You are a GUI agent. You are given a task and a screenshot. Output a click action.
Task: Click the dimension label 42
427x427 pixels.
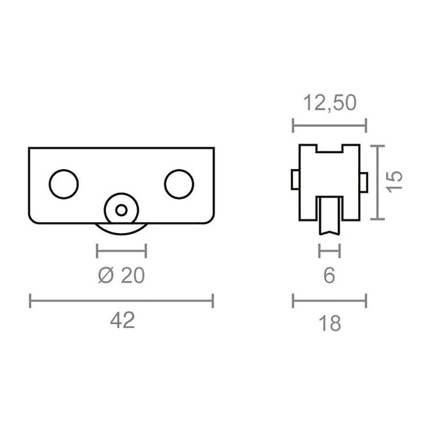pos(122,321)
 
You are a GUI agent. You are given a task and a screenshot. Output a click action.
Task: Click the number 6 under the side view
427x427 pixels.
pos(329,276)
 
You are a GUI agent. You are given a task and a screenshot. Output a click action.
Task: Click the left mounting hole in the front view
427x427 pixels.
pos(63,184)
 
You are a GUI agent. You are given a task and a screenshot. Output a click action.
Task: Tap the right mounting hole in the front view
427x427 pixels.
pos(179,184)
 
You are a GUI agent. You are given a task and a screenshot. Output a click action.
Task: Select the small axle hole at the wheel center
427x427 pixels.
pos(122,210)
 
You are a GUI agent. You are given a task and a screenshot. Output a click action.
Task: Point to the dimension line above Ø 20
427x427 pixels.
pos(121,249)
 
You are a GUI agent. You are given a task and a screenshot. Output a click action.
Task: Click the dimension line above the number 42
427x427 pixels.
pos(121,300)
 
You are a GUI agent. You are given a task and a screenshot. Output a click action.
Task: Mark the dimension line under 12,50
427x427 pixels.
pos(329,126)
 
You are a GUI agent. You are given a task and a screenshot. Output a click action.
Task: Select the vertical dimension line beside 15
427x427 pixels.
pos(380,182)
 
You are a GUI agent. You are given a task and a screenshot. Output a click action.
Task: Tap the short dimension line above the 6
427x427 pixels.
pos(329,249)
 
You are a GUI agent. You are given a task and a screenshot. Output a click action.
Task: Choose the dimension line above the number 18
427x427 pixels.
pos(329,300)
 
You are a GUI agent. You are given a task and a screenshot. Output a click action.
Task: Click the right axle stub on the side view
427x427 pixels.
pos(364,181)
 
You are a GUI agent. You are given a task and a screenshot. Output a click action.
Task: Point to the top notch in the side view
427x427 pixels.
pos(329,150)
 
